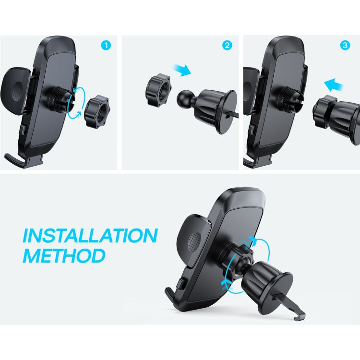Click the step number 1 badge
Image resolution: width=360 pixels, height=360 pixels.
106,46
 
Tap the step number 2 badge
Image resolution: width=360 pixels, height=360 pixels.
228,46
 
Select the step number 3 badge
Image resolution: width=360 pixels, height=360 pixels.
345,46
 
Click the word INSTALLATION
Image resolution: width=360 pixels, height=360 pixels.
90,236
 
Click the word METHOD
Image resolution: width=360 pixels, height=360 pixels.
64,255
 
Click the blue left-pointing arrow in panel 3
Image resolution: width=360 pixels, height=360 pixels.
335,85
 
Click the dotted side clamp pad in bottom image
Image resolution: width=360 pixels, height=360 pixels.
194,240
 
